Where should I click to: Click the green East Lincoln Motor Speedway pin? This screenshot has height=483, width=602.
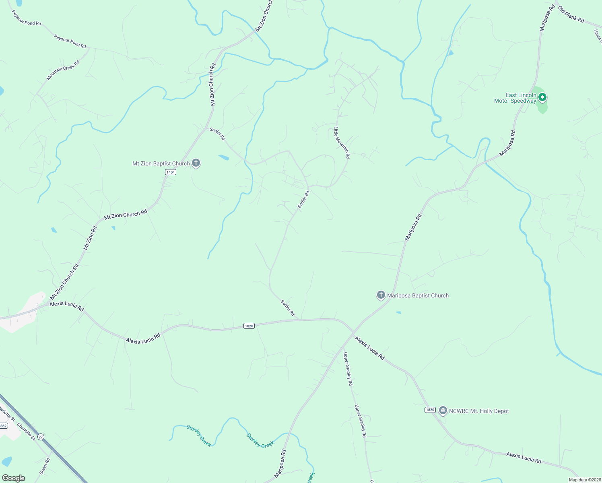pyautogui.click(x=542, y=97)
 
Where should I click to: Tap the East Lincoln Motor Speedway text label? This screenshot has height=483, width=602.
pyautogui.click(x=515, y=98)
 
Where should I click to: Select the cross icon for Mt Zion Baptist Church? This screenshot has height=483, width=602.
pyautogui.click(x=196, y=163)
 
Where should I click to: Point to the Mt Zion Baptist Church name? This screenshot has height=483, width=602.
pyautogui.click(x=161, y=163)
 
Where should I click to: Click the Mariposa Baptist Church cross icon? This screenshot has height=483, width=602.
pyautogui.click(x=381, y=295)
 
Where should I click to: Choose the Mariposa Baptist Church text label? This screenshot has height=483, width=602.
pyautogui.click(x=418, y=295)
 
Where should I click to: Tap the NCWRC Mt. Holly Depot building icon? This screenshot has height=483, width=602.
pyautogui.click(x=443, y=411)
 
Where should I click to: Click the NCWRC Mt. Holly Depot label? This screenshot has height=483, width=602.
pyautogui.click(x=479, y=411)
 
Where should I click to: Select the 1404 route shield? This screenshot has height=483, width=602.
pyautogui.click(x=171, y=172)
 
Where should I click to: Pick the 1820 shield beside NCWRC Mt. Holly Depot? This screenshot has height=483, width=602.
pyautogui.click(x=430, y=410)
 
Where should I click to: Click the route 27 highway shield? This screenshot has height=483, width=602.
pyautogui.click(x=41, y=436)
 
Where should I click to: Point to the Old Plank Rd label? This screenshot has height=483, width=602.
pyautogui.click(x=571, y=14)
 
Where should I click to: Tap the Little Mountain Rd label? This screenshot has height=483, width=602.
pyautogui.click(x=342, y=142)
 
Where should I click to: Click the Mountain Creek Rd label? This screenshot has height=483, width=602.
pyautogui.click(x=63, y=70)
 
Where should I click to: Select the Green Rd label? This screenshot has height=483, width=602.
pyautogui.click(x=45, y=466)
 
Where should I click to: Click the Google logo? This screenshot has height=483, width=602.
pyautogui.click(x=13, y=478)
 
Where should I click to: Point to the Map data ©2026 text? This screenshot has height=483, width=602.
pyautogui.click(x=584, y=480)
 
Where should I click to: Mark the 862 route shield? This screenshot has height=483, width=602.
pyautogui.click(x=4, y=425)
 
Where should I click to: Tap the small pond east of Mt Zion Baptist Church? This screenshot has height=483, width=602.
pyautogui.click(x=224, y=157)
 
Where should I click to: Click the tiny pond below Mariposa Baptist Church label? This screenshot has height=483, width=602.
pyautogui.click(x=398, y=312)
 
